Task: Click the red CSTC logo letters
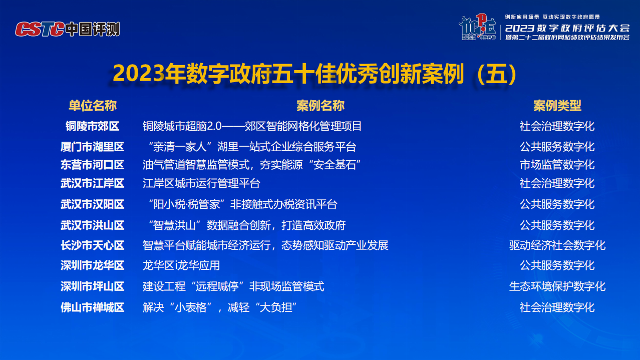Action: [x=40, y=29]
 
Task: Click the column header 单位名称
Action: [x=92, y=106]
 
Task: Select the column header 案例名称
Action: [x=321, y=106]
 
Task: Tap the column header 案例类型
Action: [x=557, y=106]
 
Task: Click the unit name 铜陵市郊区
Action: [x=92, y=126]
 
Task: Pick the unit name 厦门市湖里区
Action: [x=92, y=147]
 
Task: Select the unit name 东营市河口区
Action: [x=92, y=165]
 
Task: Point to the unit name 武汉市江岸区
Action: [x=92, y=183]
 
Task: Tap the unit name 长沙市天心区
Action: [x=92, y=245]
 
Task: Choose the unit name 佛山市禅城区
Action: [x=92, y=308]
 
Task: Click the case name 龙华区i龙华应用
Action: [x=181, y=266]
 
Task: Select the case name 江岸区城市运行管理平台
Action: [x=201, y=183]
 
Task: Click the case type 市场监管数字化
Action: [x=557, y=165]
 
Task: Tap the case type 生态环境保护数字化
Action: [x=557, y=286]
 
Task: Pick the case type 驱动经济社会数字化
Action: [x=557, y=245]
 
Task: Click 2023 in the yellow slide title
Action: [x=139, y=74]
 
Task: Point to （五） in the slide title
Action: [x=497, y=74]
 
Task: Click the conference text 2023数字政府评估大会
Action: [x=567, y=28]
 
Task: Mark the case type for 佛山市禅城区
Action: [x=557, y=308]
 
